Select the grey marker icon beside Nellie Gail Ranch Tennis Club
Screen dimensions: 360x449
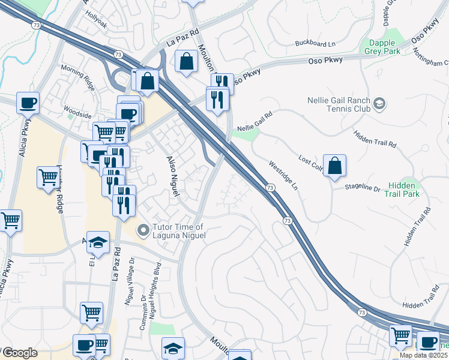(x=379, y=104)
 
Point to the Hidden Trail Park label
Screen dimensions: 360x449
(x=403, y=190)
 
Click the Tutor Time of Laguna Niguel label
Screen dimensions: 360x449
(x=179, y=231)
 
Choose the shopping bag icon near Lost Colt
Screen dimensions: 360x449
(x=334, y=166)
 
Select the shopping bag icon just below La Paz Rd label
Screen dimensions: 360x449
(x=187, y=61)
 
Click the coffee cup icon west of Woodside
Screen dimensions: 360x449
(x=28, y=103)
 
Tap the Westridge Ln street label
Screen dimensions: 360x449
(x=283, y=175)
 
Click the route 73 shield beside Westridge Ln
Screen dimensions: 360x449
(x=271, y=188)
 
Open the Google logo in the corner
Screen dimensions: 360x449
(x=20, y=353)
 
